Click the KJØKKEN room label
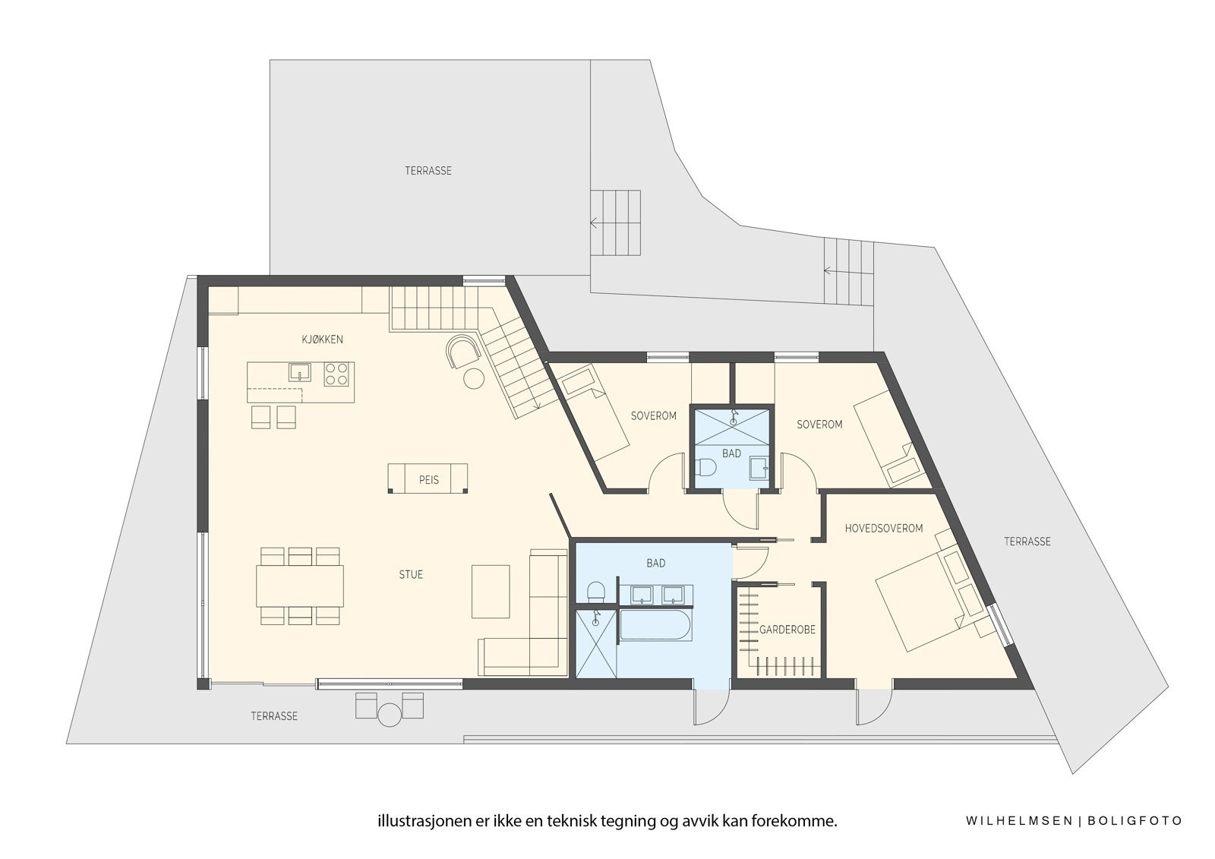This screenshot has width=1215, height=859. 321,339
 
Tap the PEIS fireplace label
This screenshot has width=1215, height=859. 428,480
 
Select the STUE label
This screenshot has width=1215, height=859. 411,575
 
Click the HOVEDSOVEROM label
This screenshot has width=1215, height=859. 883,528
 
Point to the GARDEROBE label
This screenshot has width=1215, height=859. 787,630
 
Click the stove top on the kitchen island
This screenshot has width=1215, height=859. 338,374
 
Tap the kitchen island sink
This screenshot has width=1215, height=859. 300,372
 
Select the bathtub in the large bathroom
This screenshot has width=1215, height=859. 655,627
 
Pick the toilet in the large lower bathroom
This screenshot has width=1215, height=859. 596,592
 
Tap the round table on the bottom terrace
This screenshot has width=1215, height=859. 390,715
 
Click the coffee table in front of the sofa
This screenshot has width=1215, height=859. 491,591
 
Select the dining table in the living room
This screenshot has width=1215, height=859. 299,585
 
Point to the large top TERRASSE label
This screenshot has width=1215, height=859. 428,171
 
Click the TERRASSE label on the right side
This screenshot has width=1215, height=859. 1027,542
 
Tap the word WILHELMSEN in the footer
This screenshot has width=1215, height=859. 1018,821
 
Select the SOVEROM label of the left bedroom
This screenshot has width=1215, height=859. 653,416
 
